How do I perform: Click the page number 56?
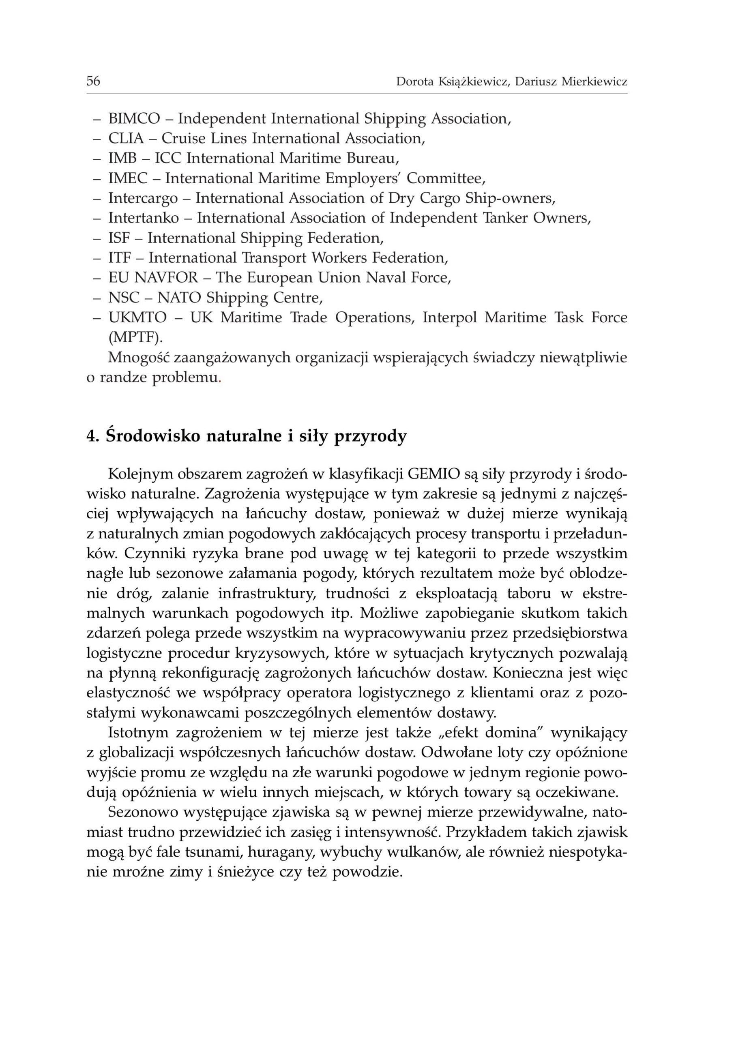[93, 81]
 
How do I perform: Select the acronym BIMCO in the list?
[134, 119]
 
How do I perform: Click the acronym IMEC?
[128, 178]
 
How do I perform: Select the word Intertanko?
[143, 219]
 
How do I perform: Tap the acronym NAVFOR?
[166, 278]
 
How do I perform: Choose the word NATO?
[179, 298]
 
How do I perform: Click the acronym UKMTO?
[137, 317]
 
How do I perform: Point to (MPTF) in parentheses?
[135, 337]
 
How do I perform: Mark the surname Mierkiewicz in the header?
[594, 81]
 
